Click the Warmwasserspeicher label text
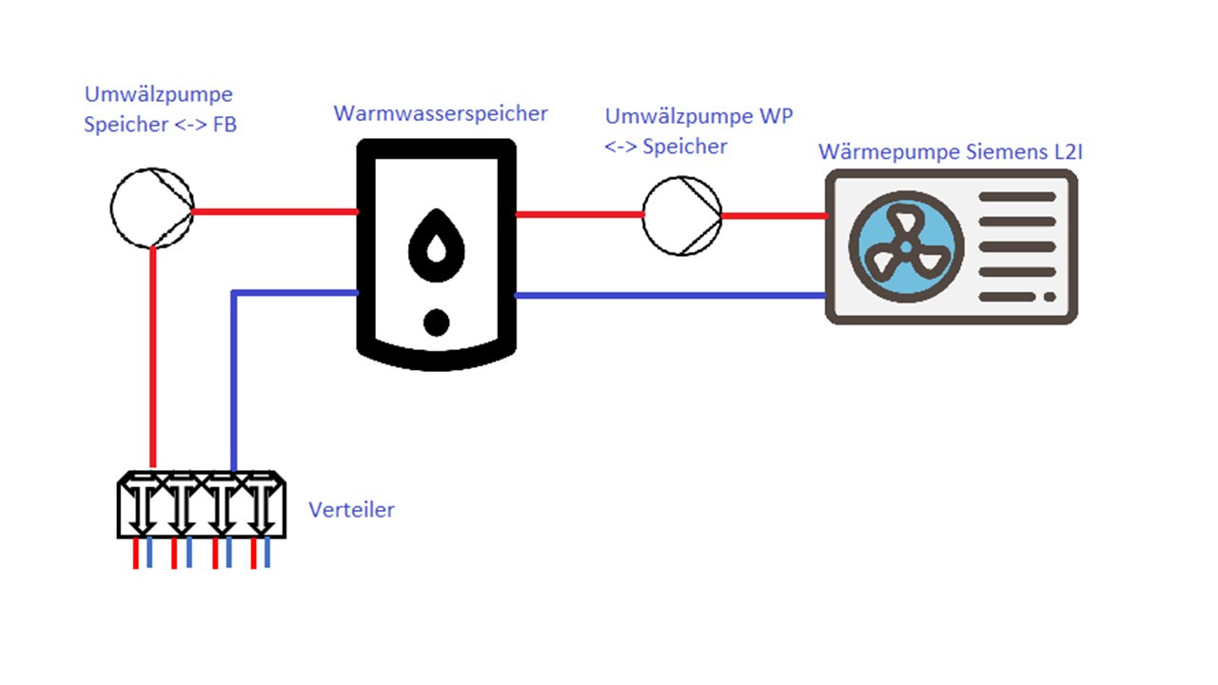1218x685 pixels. (x=440, y=114)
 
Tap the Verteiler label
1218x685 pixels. (x=351, y=510)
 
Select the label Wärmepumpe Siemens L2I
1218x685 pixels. (x=951, y=152)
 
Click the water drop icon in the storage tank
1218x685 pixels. (x=437, y=247)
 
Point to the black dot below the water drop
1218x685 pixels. (x=436, y=323)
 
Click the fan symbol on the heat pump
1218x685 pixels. (x=906, y=246)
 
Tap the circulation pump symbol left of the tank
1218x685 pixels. (x=152, y=209)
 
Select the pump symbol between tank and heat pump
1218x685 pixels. (x=681, y=215)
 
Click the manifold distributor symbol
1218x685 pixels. (x=200, y=504)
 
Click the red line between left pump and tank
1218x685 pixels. (x=276, y=211)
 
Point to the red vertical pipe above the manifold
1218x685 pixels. (x=152, y=362)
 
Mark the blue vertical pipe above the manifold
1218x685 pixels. (x=234, y=381)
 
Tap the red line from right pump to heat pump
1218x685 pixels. (x=773, y=216)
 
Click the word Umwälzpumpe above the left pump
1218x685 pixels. (x=158, y=95)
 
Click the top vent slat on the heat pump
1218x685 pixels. (x=1016, y=197)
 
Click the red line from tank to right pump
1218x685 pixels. (x=579, y=215)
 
